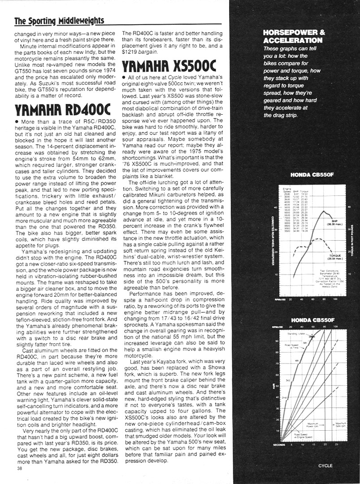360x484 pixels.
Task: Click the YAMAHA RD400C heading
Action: [x=62, y=109]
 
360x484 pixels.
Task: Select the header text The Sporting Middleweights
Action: [x=59, y=21]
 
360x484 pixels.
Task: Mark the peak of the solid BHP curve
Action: [x=324, y=210]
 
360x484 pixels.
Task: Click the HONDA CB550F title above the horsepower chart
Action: [x=310, y=175]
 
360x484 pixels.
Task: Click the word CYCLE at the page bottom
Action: [x=325, y=466]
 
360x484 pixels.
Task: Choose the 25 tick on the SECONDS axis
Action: [x=336, y=445]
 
